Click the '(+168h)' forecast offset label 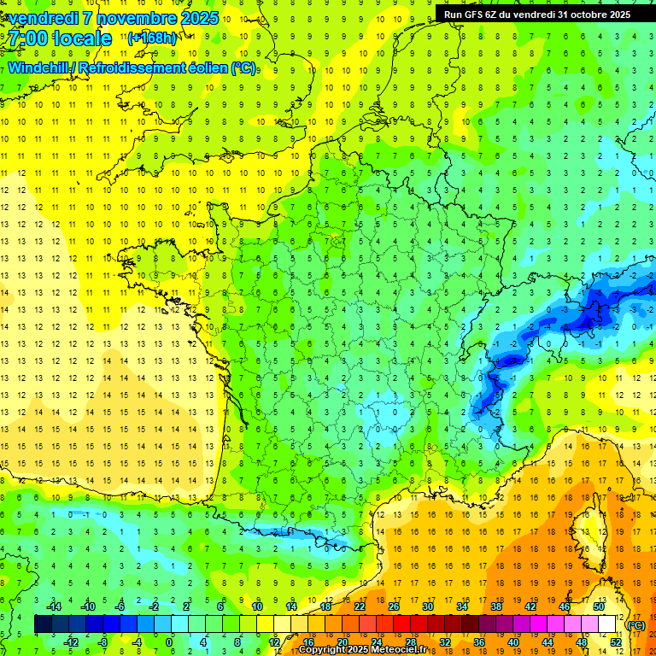tap(153, 38)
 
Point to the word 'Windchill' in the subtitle tap(41, 67)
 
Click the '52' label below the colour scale tap(616, 641)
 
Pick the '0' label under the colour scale tap(170, 641)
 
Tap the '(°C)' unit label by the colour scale tap(636, 624)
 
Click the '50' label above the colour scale tap(599, 606)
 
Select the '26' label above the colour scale tap(394, 606)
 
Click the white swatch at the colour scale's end tap(607, 624)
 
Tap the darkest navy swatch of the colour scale tap(43, 624)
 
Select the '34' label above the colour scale tap(462, 606)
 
